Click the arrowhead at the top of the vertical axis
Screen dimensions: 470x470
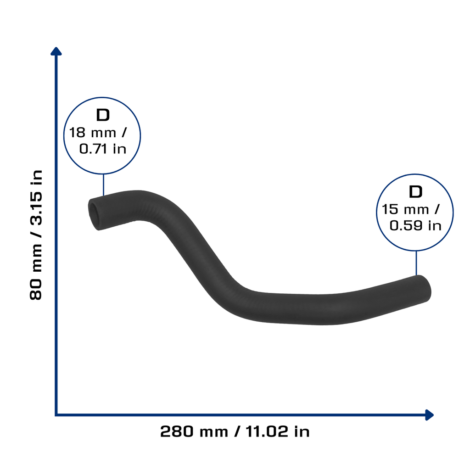(56, 51)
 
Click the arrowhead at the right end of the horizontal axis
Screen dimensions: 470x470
(430, 415)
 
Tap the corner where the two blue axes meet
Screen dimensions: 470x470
(56, 415)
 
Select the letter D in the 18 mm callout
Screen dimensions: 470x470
(103, 115)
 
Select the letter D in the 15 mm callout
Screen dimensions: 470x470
(415, 192)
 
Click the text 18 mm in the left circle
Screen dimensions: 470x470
(92, 133)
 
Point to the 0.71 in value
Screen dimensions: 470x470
(103, 149)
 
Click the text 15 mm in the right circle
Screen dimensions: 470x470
(405, 209)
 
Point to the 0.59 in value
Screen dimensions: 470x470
(415, 225)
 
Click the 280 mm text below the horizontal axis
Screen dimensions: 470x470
(194, 432)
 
